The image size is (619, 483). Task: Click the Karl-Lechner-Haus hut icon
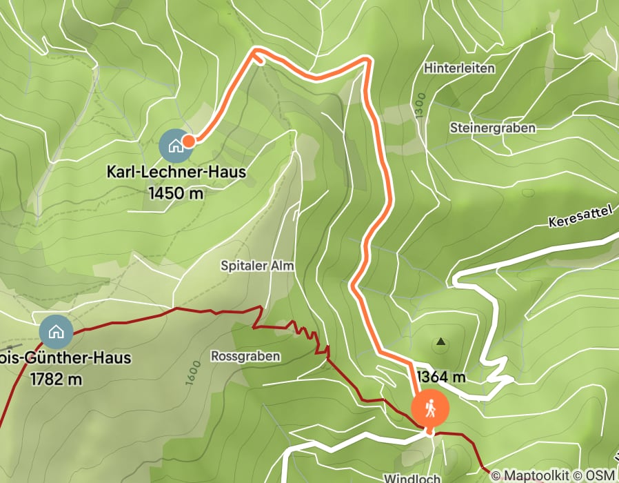(175, 145)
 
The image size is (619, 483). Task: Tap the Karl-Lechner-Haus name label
(176, 172)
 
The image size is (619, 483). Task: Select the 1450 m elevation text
(176, 193)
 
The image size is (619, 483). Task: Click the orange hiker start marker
(430, 408)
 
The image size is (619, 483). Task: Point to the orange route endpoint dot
(188, 140)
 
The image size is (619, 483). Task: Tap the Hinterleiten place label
(460, 68)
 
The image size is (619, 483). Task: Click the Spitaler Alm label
(257, 266)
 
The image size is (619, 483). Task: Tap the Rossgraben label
(245, 356)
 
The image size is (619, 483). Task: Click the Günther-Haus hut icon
(56, 331)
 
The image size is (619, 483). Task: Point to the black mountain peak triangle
(440, 342)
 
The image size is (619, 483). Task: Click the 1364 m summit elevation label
(442, 377)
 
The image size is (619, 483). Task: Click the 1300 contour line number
(419, 106)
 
